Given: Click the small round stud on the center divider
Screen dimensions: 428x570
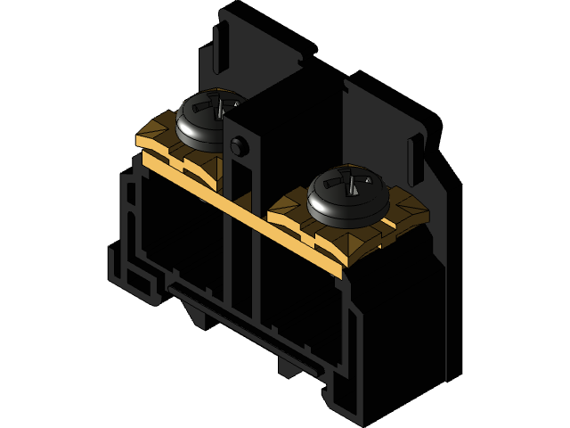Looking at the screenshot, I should [237, 147].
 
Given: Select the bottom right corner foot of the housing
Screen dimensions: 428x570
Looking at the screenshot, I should [352, 406].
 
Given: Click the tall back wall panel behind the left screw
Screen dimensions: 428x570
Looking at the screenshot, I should [267, 53].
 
